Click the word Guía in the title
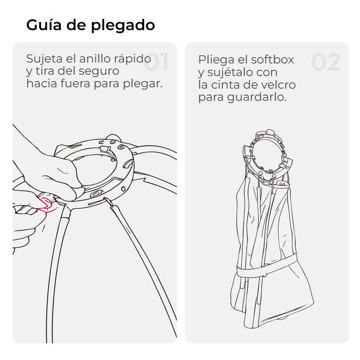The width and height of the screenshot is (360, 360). point(44,25)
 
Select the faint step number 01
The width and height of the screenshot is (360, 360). point(157,62)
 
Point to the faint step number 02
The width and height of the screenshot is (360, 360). point(326,62)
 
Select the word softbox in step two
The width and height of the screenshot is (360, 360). point(272,60)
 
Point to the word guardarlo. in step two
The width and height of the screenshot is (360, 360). point(256,98)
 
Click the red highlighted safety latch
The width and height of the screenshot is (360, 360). point(47,205)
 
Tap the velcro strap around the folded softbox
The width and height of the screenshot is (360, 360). point(266,266)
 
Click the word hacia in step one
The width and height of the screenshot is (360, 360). point(42,84)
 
